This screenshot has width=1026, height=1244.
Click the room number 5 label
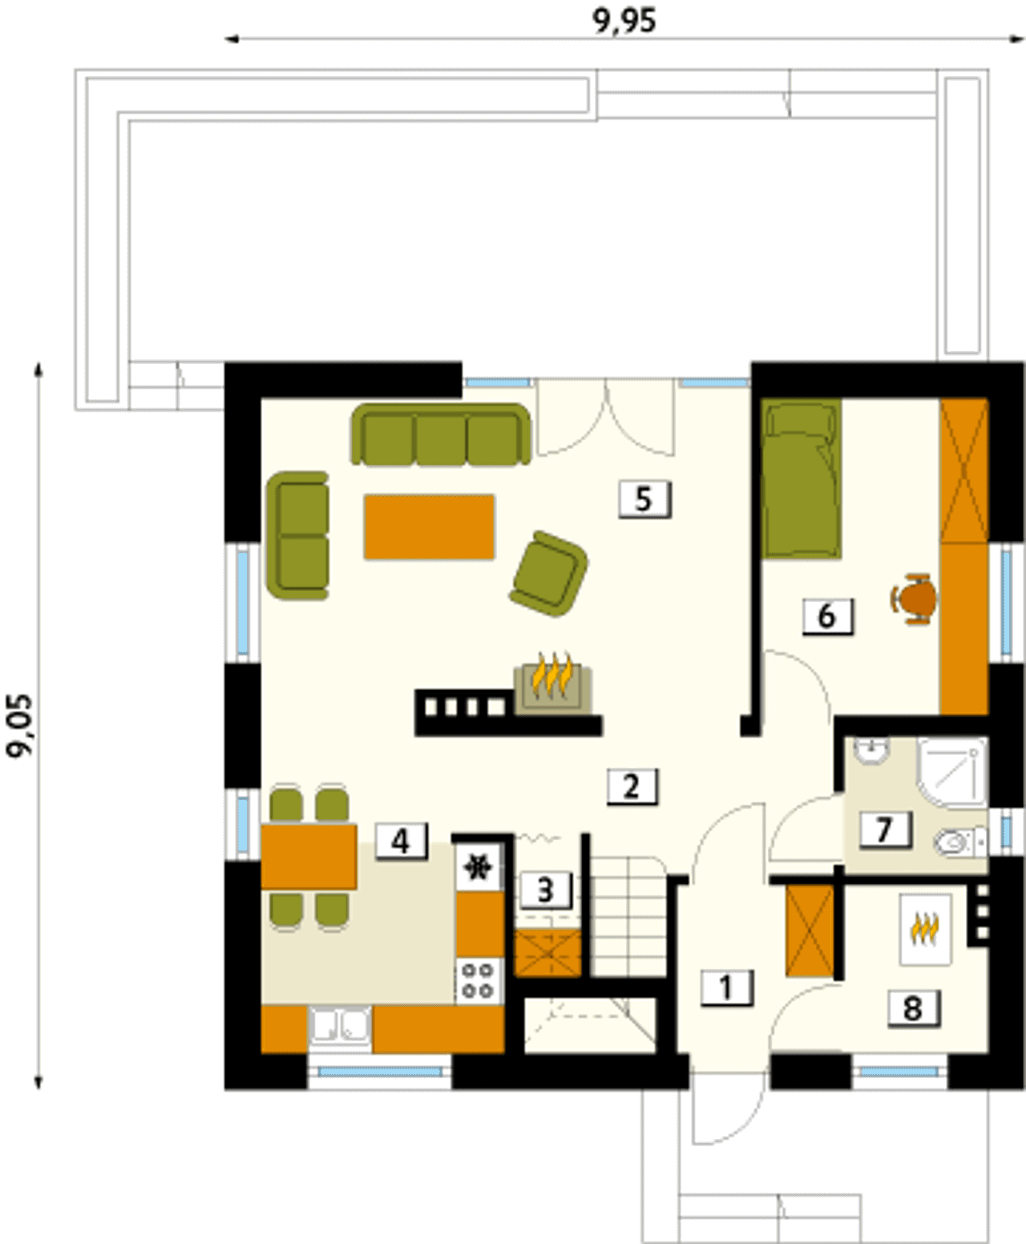pos(644,499)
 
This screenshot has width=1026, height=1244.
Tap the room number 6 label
pos(827,616)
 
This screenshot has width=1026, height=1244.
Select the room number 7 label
pos(885,829)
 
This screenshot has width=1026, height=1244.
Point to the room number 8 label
pos(914,1008)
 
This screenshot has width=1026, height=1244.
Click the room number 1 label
pos(726,988)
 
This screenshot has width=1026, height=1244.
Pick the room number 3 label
pos(546,891)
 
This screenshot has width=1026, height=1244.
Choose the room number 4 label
pos(401,842)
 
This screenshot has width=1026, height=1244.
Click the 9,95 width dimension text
pos(624,21)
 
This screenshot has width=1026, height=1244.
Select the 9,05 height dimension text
pos(21,725)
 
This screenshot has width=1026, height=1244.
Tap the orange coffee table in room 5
pos(429,527)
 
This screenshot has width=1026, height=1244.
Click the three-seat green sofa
pos(440,434)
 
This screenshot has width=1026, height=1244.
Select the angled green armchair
pos(549,574)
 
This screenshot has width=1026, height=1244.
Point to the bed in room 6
pos(802,479)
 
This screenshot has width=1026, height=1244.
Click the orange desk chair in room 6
pos(914,599)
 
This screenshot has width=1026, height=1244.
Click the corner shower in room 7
pos(952,773)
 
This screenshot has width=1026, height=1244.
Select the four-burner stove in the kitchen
pos(479,980)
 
